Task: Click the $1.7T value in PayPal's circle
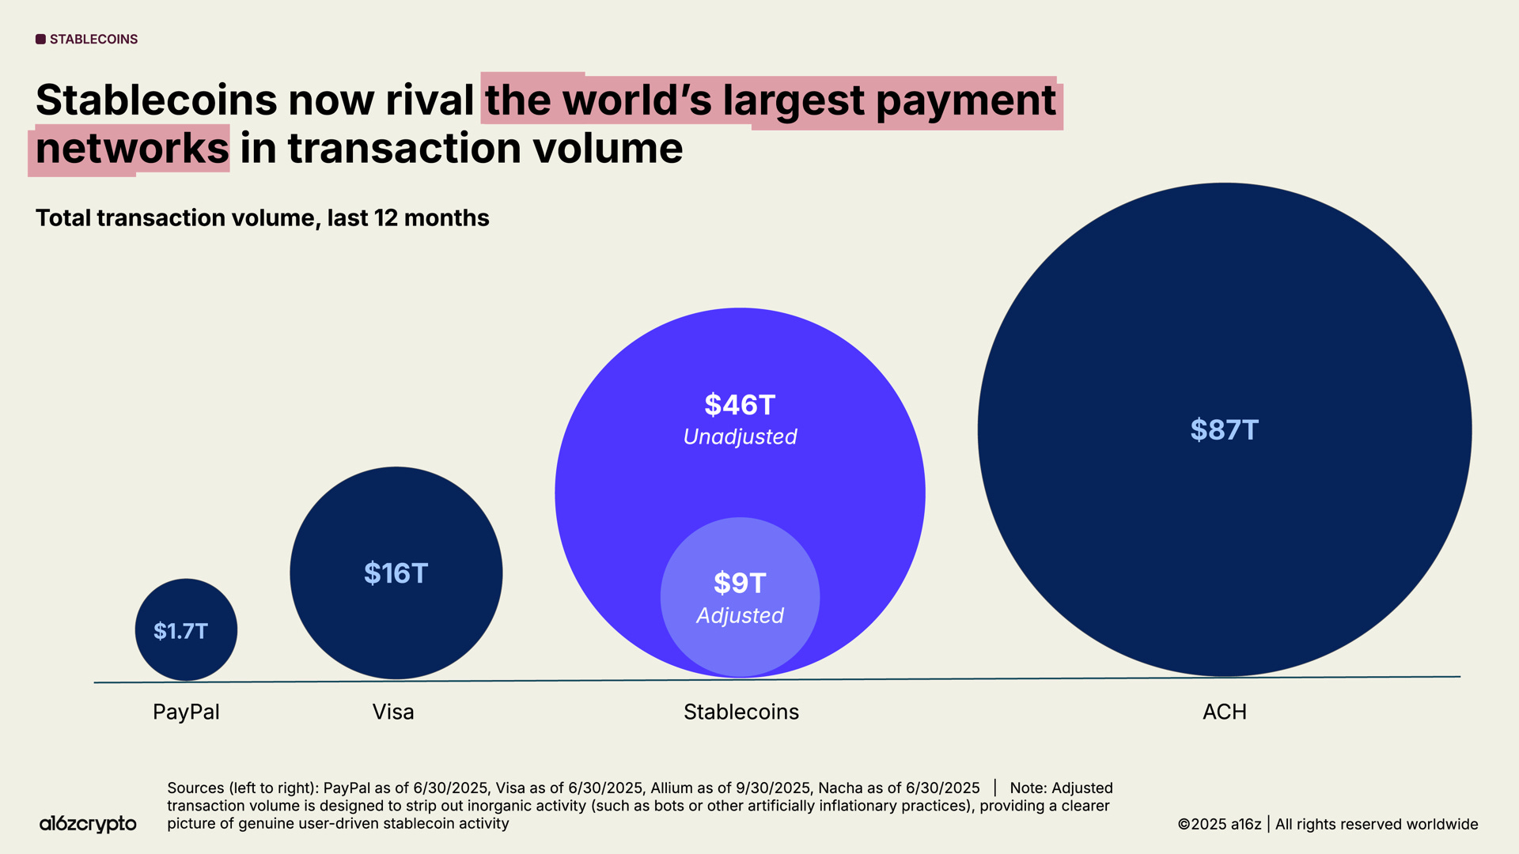coord(180,631)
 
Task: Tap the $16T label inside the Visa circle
coord(396,573)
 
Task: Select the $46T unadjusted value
coord(740,405)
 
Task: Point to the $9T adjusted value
coord(740,584)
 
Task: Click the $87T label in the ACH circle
coord(1224,430)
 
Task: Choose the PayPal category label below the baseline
coord(186,712)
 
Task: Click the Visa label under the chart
coord(393,712)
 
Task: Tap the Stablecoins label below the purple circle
coord(741,712)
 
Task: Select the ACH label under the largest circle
coord(1224,712)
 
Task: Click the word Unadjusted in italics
coord(740,437)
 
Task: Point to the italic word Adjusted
coord(740,616)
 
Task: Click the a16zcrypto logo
coord(88,824)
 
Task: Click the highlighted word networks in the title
coord(132,149)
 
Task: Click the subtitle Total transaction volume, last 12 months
coord(262,218)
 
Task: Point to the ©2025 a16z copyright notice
coord(1219,824)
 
